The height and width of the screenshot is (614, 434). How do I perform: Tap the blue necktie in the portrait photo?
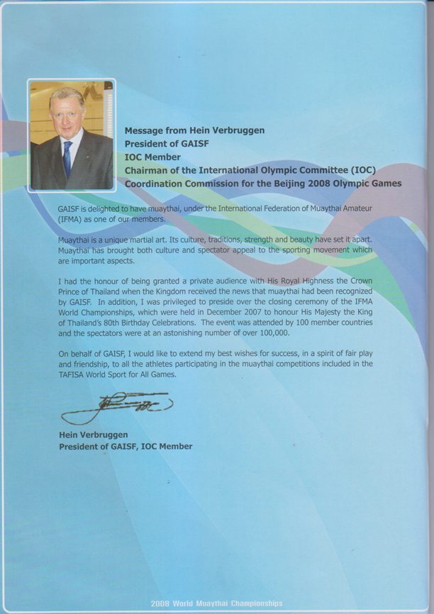[x=67, y=157]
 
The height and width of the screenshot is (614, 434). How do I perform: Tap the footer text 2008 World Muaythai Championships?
[x=216, y=603]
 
